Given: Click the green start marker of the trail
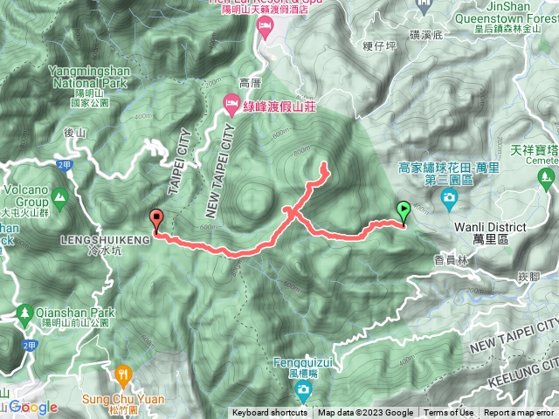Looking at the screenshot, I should coord(404,212).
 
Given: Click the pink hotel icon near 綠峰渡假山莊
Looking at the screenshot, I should coord(231,105).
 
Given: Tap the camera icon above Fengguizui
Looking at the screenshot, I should coord(302,388).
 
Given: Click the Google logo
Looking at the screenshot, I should coord(33,408).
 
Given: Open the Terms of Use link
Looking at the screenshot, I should coord(449,413).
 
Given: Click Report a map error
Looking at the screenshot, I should coord(519,413).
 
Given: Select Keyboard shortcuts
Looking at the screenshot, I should coord(270,413).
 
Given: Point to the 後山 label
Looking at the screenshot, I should coord(76,133).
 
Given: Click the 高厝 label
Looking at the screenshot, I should coord(250,84).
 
